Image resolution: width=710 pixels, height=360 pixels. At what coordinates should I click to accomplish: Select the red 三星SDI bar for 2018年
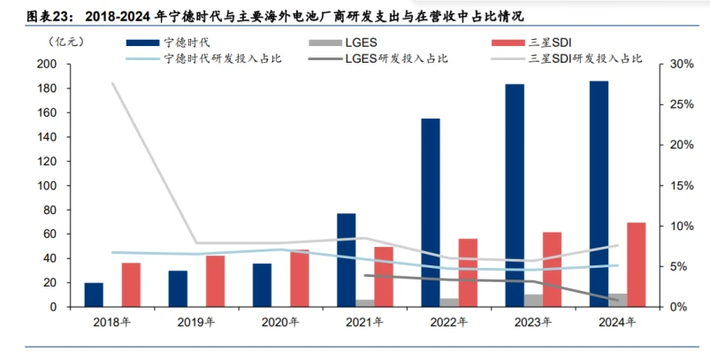pos(131,285)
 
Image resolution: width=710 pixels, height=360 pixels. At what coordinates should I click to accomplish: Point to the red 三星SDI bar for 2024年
pos(636,264)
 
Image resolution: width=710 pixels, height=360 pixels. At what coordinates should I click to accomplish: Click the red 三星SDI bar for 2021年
pos(384,277)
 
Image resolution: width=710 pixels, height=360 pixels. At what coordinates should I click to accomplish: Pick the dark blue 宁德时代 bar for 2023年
pos(515,195)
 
